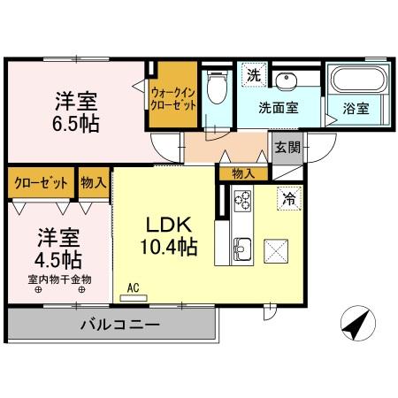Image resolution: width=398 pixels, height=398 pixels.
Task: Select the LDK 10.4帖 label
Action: [x=166, y=233]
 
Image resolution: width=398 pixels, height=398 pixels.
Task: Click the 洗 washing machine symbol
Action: [x=253, y=75]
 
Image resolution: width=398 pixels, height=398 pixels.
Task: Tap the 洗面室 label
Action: [x=278, y=108]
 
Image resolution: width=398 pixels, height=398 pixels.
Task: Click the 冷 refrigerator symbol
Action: [x=287, y=199]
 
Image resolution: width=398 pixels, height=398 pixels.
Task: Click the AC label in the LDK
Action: [x=134, y=287]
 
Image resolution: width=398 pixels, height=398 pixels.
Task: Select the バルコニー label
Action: [x=120, y=325]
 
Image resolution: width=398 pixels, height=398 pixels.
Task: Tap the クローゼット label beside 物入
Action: [x=42, y=183]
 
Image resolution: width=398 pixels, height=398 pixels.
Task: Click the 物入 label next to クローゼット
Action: [x=93, y=183]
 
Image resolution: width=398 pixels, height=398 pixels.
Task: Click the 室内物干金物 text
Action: [x=59, y=279]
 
